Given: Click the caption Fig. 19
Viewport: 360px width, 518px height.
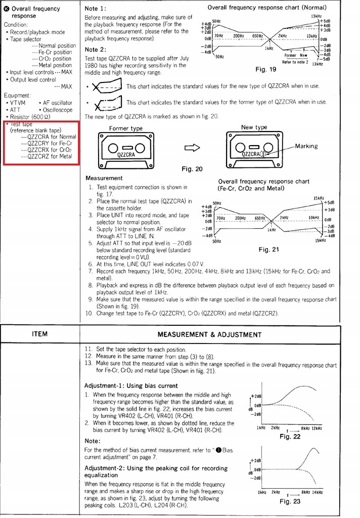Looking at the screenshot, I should tap(266, 69).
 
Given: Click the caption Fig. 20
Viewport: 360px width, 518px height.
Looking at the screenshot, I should tap(192, 169).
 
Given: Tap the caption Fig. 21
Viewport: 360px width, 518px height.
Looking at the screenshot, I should tap(268, 249).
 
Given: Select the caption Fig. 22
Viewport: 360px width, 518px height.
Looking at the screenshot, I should tap(290, 437).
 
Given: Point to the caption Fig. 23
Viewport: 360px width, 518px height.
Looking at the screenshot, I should tap(290, 501).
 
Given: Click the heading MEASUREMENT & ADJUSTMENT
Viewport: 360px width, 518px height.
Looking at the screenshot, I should tap(209, 334).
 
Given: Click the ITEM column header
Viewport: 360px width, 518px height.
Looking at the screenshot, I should tap(39, 334).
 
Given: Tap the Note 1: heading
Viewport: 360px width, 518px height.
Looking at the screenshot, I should tap(96, 9).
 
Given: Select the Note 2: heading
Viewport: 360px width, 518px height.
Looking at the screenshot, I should tap(96, 49).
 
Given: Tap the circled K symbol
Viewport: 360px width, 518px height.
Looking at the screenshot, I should tap(7, 9).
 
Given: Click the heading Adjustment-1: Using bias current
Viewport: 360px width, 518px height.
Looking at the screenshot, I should tap(131, 385).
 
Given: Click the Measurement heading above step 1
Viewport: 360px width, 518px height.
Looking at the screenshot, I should tap(104, 178).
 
